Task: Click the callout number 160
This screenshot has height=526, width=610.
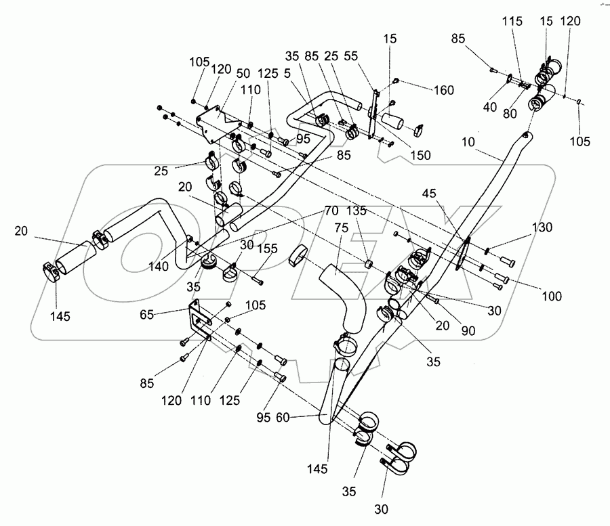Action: pyautogui.click(x=444, y=90)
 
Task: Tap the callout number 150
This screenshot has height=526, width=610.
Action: pyautogui.click(x=420, y=155)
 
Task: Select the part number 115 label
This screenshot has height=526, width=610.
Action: pyautogui.click(x=512, y=21)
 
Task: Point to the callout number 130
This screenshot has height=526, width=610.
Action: pyautogui.click(x=542, y=227)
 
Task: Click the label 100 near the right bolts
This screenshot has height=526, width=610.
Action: pyautogui.click(x=552, y=297)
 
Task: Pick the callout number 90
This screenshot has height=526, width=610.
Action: pyautogui.click(x=468, y=330)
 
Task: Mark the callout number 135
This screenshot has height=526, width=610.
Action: pyautogui.click(x=357, y=211)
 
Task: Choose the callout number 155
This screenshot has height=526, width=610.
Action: pyautogui.click(x=268, y=248)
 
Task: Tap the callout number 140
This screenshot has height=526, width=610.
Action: pyautogui.click(x=159, y=267)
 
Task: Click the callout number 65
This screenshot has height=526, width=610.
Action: pyautogui.click(x=147, y=315)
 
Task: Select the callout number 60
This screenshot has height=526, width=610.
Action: pyautogui.click(x=283, y=418)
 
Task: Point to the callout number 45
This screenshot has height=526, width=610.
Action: pyautogui.click(x=429, y=194)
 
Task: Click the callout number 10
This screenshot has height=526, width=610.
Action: pyautogui.click(x=468, y=142)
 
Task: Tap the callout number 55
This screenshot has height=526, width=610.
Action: pyautogui.click(x=350, y=56)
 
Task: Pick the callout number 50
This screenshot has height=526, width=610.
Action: pyautogui.click(x=243, y=73)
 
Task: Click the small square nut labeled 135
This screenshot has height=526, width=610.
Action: pyautogui.click(x=368, y=265)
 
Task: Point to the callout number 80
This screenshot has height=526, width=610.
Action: pyautogui.click(x=510, y=114)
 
